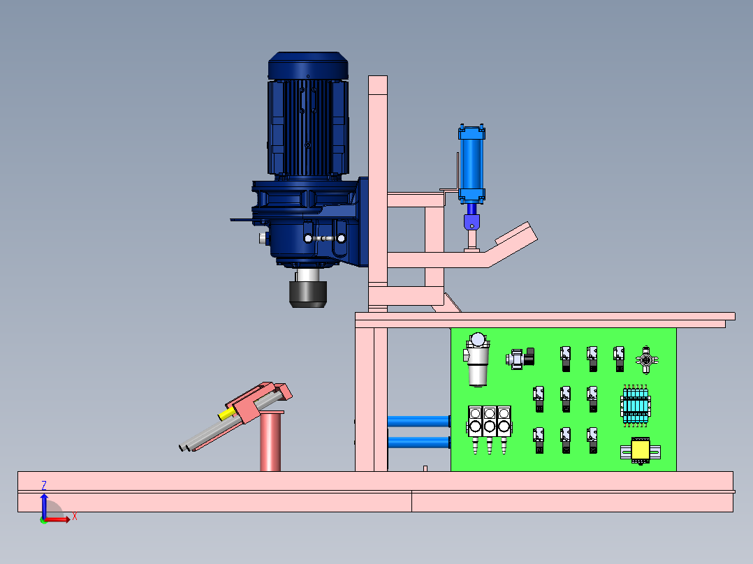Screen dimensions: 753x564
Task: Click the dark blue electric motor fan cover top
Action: [308, 66]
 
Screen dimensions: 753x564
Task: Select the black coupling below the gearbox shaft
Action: [308, 295]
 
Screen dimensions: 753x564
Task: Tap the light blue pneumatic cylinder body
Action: [471, 163]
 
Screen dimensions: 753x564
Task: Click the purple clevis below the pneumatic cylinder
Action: [471, 222]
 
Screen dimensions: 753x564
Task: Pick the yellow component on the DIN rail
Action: [640, 450]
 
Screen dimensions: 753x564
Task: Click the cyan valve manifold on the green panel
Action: [636, 406]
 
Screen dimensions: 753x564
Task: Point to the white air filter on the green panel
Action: [477, 359]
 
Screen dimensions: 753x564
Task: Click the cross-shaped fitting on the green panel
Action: [646, 359]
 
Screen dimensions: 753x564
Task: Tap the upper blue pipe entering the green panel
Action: [419, 422]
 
